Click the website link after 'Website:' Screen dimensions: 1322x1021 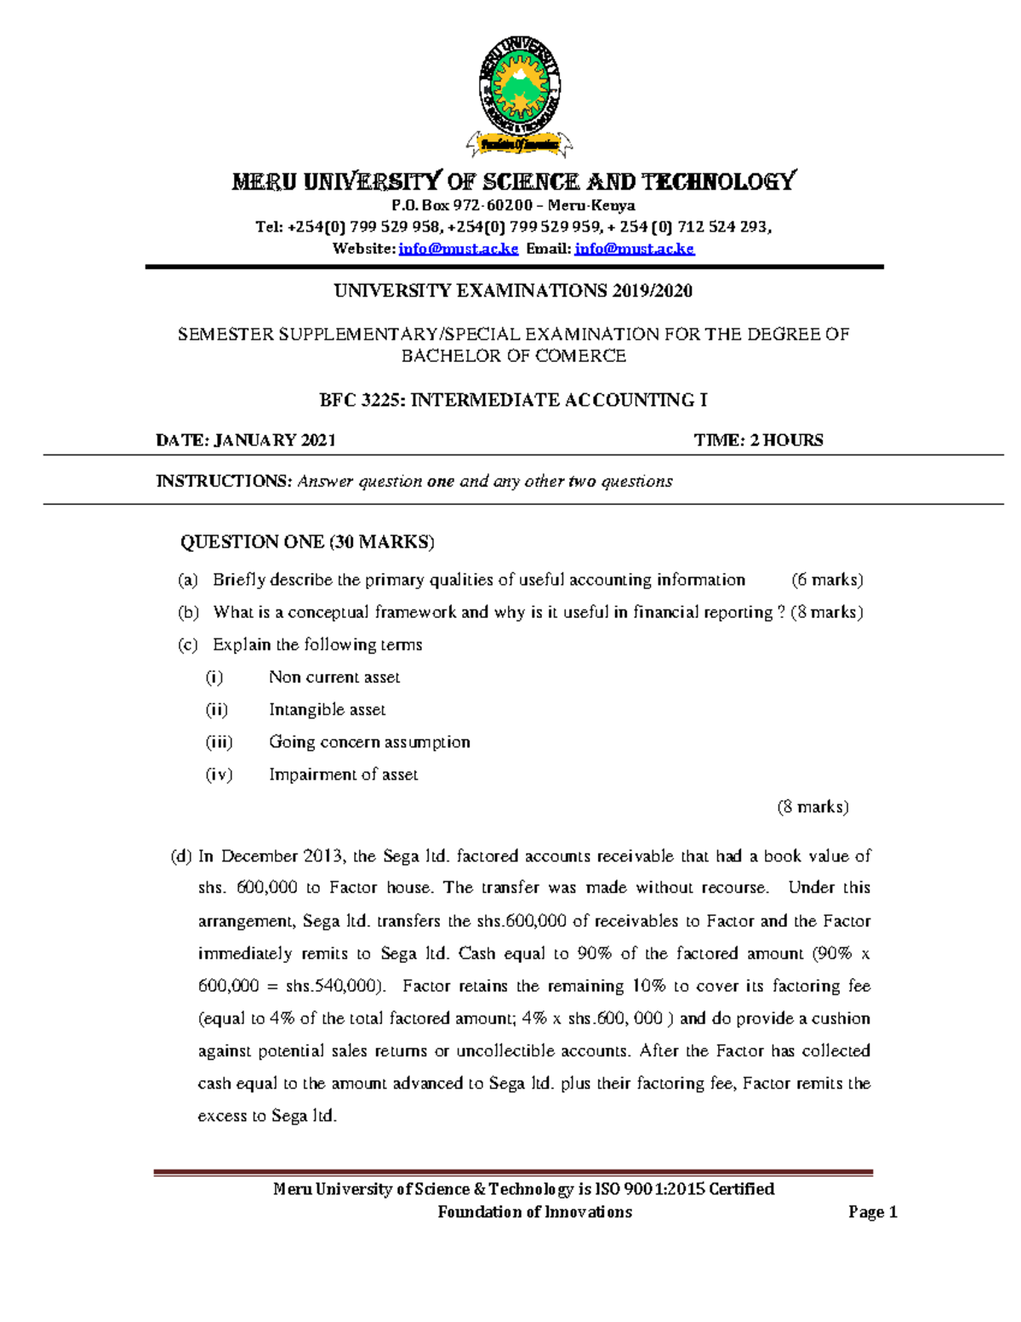[458, 249]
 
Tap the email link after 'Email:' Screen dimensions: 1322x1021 [634, 249]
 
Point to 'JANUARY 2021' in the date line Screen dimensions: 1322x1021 [274, 440]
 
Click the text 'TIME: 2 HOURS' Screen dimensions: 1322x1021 [758, 440]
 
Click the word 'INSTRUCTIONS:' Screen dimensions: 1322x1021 [224, 481]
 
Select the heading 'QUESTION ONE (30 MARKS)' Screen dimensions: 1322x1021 [307, 542]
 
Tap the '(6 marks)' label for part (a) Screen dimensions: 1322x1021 [826, 580]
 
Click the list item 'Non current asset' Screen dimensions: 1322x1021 [334, 677]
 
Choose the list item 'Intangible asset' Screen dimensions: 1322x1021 [327, 709]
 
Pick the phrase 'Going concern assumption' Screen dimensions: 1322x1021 [369, 741]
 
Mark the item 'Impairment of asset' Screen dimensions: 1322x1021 [343, 774]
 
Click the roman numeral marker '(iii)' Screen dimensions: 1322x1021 [219, 741]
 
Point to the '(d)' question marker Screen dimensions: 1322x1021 [181, 856]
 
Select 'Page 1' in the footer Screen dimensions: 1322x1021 [872, 1211]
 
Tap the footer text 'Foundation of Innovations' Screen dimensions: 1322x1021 [534, 1211]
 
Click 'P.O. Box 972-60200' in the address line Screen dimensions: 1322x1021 [462, 205]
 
